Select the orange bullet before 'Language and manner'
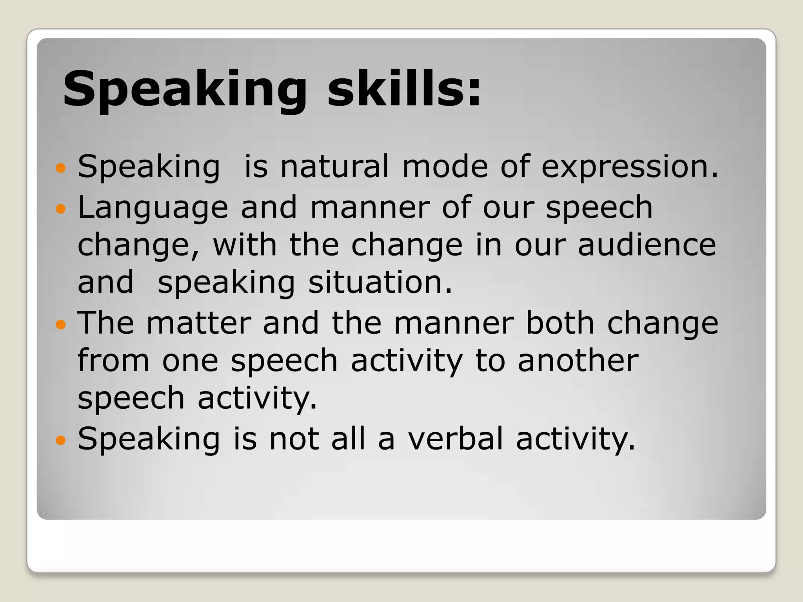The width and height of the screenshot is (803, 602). (x=60, y=209)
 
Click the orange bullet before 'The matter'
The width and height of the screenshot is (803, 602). (x=60, y=325)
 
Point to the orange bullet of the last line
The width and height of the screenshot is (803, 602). (x=60, y=440)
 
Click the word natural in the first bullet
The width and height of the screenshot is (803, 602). (x=335, y=166)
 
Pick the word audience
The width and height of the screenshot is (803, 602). (x=647, y=245)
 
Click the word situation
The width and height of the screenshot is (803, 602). (x=380, y=282)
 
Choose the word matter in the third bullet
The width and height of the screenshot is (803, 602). (x=199, y=323)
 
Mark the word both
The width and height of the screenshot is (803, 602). (x=560, y=323)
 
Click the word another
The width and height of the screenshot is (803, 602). (x=578, y=361)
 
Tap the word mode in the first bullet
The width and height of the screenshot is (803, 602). (x=445, y=166)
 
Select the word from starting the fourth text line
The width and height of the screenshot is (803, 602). (x=113, y=361)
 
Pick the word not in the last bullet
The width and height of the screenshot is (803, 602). (x=294, y=439)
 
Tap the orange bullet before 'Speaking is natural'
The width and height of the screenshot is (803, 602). (x=60, y=169)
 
